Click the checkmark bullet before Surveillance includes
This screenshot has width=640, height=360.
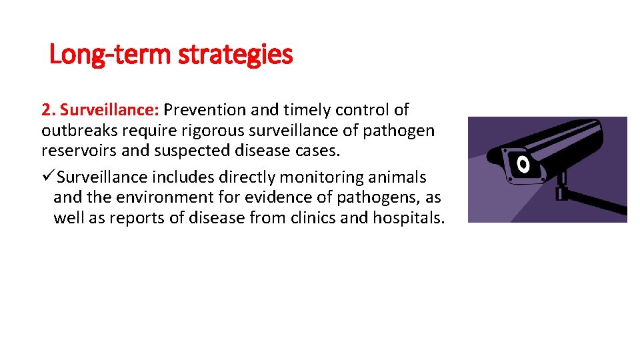click(47, 177)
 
